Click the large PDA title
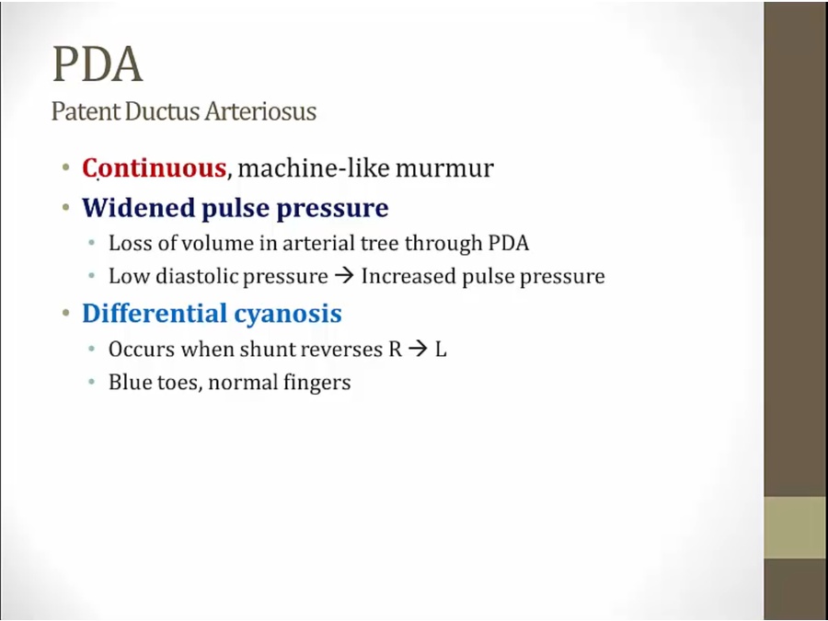(x=98, y=64)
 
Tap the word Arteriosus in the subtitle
(x=261, y=111)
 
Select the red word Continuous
(x=155, y=168)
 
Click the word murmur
(x=444, y=169)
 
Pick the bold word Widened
(x=139, y=208)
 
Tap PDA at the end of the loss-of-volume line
(x=509, y=244)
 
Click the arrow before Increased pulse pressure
(x=344, y=276)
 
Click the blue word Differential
(x=155, y=313)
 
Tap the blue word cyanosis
(x=288, y=315)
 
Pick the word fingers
(x=316, y=383)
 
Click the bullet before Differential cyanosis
(x=66, y=313)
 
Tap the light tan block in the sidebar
(x=796, y=527)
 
